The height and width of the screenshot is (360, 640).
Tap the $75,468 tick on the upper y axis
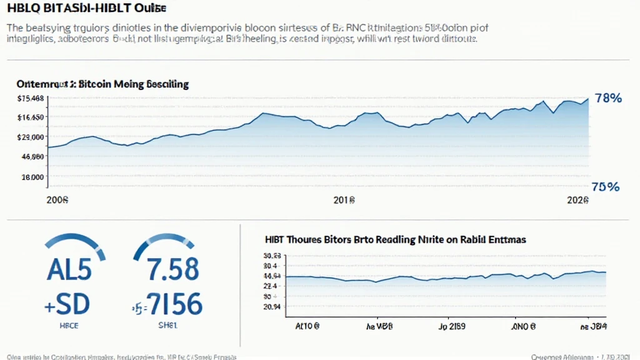30,98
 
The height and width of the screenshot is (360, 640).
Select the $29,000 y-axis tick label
31,137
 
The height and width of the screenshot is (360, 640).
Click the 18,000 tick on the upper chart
32,177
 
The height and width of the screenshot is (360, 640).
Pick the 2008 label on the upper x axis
57,201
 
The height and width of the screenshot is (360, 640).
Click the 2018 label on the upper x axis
344,201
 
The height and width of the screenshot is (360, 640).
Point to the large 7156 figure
172,304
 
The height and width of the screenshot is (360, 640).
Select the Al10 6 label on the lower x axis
307,326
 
